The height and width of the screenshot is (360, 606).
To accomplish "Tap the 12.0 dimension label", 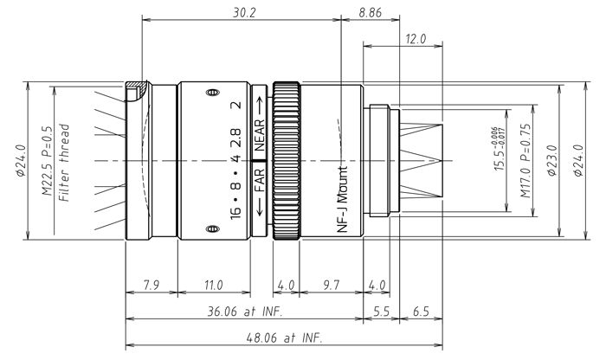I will click(x=416, y=39).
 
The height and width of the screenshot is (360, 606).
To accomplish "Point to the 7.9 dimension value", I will click(x=151, y=285).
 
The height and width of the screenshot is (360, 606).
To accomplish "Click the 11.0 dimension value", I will click(x=212, y=285).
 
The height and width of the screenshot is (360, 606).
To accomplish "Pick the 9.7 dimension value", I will click(x=332, y=285).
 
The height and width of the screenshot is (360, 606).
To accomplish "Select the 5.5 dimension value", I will click(x=380, y=309).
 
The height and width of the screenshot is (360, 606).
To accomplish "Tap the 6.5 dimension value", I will click(x=422, y=309).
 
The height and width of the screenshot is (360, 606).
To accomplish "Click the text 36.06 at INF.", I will click(x=244, y=309).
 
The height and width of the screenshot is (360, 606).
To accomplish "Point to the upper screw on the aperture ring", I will click(x=209, y=92).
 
